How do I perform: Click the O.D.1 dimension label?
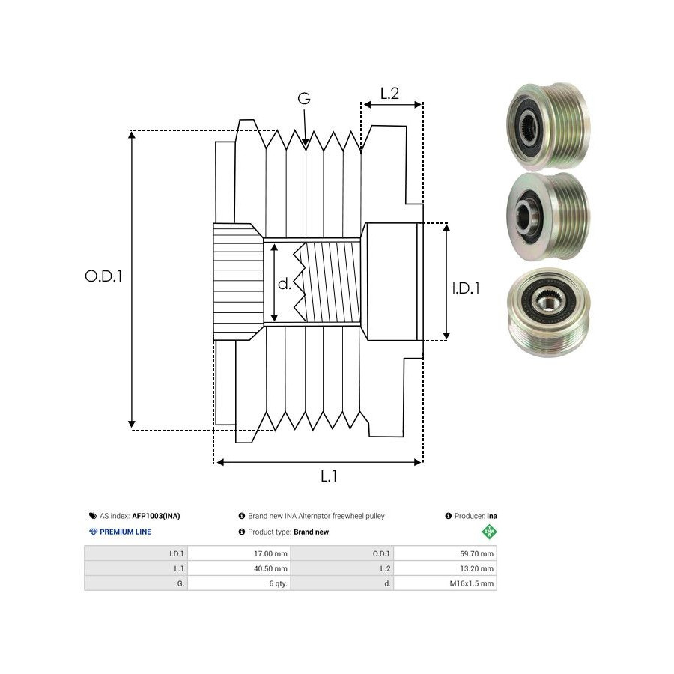(x=103, y=276)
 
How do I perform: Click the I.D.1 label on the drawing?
(x=466, y=287)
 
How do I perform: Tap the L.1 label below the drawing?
(x=328, y=476)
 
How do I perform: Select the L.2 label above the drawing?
(x=389, y=94)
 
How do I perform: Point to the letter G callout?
(x=303, y=99)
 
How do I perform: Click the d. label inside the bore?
(x=285, y=284)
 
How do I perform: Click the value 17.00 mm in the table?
(x=271, y=554)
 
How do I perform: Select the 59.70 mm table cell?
(x=477, y=554)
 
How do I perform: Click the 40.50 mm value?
(x=271, y=568)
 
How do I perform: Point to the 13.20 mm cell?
(x=477, y=568)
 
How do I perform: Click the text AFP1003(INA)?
(x=156, y=516)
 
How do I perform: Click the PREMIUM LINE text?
(x=125, y=532)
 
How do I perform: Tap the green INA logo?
(x=489, y=532)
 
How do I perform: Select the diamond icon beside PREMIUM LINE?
(x=93, y=532)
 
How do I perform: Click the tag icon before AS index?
(x=92, y=516)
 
